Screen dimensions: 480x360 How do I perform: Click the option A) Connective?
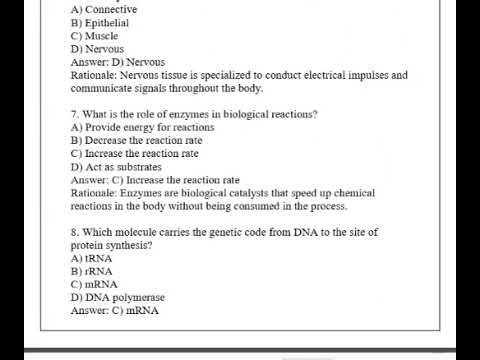click(x=104, y=9)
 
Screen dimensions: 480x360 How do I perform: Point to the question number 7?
click(x=74, y=114)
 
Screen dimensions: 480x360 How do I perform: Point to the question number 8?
click(x=74, y=232)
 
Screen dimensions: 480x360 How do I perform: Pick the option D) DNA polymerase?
click(x=118, y=297)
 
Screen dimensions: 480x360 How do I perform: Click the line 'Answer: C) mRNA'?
click(x=114, y=310)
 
